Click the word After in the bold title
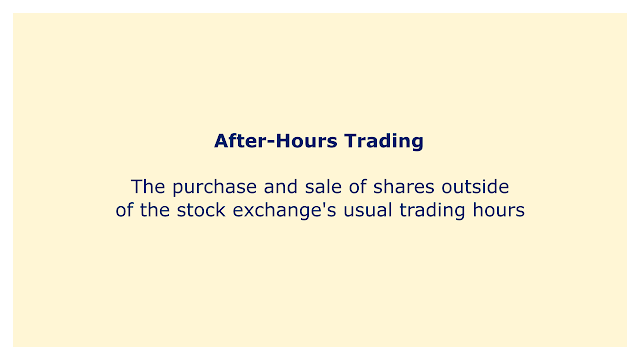(x=240, y=141)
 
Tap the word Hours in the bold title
(x=307, y=141)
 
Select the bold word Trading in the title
(x=384, y=141)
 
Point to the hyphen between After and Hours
(x=270, y=143)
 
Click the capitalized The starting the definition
(x=148, y=187)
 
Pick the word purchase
(x=215, y=188)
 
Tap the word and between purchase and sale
(x=281, y=187)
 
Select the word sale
(x=323, y=187)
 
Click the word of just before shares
(x=358, y=187)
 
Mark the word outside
(x=476, y=187)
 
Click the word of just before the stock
(x=124, y=210)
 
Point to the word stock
(x=201, y=210)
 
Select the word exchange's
(x=284, y=211)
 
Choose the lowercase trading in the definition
(x=432, y=211)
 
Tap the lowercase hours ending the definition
(x=499, y=210)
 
